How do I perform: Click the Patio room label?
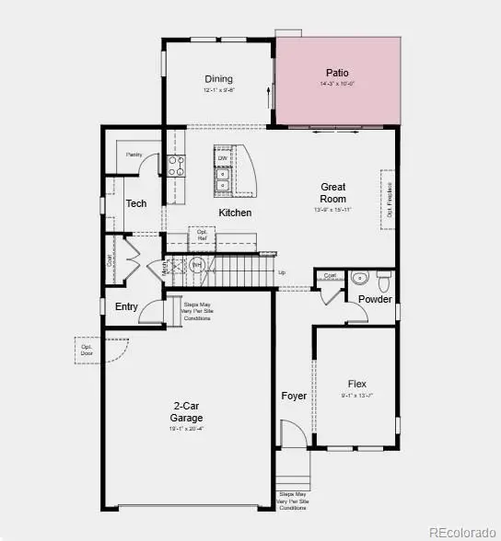click(338, 73)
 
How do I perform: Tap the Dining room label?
click(218, 79)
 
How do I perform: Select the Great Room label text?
click(333, 192)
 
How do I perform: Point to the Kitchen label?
click(235, 213)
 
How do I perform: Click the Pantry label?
click(134, 155)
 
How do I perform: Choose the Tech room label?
click(136, 203)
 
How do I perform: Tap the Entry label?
click(126, 306)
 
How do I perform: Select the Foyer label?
click(294, 396)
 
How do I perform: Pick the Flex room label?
click(357, 384)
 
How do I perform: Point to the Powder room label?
click(375, 299)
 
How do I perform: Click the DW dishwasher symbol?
click(223, 159)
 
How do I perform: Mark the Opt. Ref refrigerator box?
click(202, 235)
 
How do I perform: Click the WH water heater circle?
click(196, 266)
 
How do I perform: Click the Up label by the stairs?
click(281, 273)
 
